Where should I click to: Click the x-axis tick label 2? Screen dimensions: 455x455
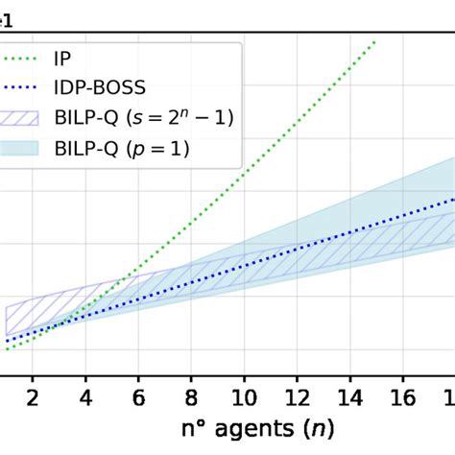[33, 398]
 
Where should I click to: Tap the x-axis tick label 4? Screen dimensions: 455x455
[85, 398]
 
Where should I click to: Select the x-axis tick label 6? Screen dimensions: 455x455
[139, 398]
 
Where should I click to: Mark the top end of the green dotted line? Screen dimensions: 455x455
[375, 41]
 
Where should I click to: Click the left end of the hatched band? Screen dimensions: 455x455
[8, 320]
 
